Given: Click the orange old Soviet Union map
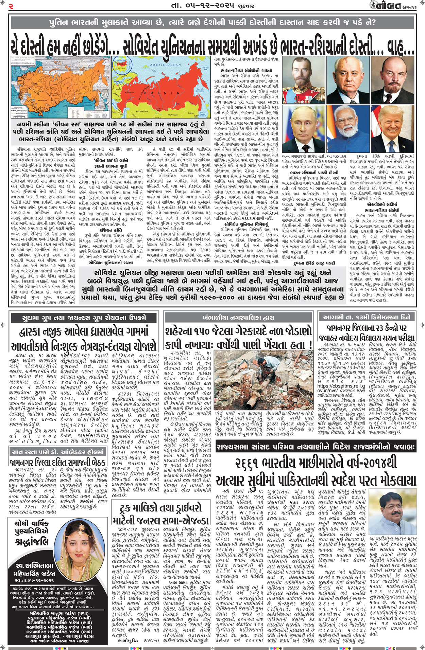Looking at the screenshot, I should (x=61, y=87).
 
